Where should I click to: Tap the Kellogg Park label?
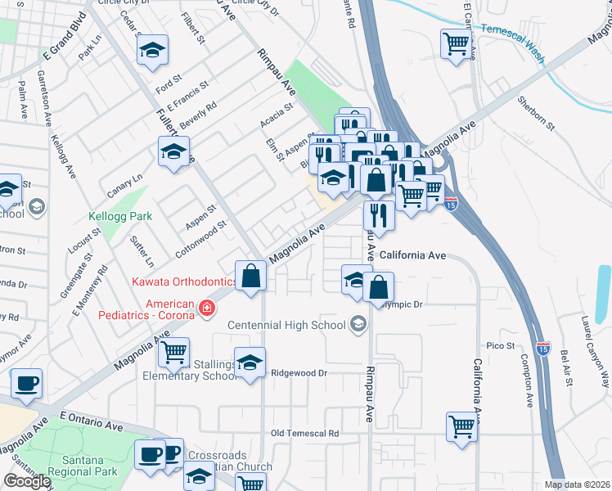pos(120,218)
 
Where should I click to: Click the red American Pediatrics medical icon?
pos(208,308)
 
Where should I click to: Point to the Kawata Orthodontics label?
pos(184,282)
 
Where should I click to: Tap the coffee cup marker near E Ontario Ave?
pos(27,383)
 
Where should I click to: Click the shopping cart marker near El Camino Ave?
pos(457,44)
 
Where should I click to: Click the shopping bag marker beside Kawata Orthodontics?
pos(251,276)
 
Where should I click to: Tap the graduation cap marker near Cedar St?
pos(152,50)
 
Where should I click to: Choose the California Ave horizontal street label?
pos(412,255)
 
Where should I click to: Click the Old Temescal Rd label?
pos(304,433)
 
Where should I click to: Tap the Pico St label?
pos(501,346)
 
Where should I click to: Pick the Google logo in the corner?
pos(27,481)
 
